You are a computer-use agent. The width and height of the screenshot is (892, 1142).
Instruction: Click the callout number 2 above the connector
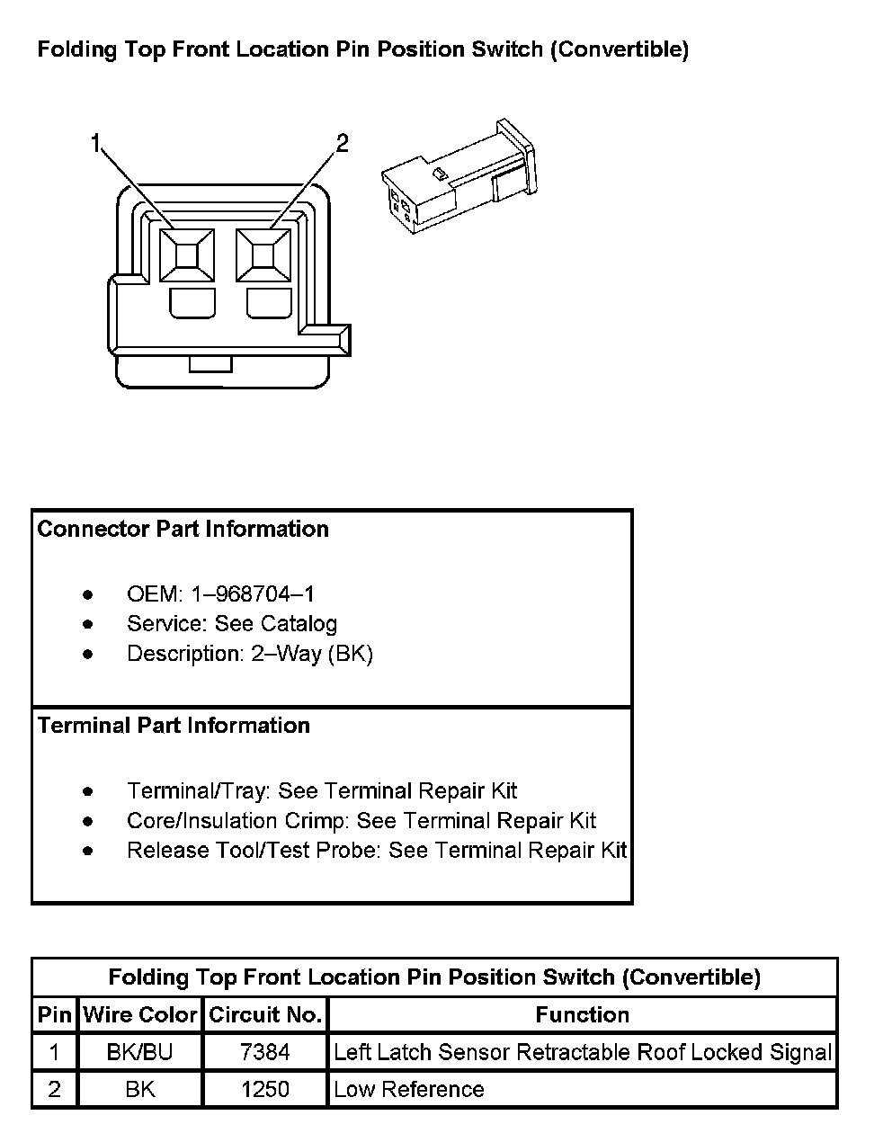pos(342,143)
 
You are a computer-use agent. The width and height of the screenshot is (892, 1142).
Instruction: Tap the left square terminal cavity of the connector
pos(186,255)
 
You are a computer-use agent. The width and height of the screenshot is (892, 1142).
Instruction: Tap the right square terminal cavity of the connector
pos(263,255)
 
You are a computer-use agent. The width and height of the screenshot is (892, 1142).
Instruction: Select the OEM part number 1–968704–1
pos(253,594)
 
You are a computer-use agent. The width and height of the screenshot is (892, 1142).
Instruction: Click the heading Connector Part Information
pos(183,529)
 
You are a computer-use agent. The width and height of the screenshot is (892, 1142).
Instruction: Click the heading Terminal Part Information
pos(174,726)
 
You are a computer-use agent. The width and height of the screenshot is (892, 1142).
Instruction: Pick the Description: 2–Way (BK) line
pos(249,654)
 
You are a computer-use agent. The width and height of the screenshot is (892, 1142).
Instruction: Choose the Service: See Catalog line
pos(231,624)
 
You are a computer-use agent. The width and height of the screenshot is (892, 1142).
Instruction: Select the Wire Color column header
pos(139,1015)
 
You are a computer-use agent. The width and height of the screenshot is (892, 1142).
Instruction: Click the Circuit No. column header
pos(265,1015)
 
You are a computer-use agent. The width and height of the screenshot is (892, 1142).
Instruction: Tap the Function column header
pos(582,1015)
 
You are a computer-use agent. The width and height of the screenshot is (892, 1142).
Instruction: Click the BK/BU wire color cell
pos(139,1052)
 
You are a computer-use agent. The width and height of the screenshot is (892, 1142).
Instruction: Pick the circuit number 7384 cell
pos(265,1052)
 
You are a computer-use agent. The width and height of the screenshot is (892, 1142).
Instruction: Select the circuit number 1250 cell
pos(265,1090)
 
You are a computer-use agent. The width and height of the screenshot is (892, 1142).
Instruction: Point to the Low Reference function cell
pos(408,1090)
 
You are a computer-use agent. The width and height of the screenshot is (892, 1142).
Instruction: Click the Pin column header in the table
pos(54,1015)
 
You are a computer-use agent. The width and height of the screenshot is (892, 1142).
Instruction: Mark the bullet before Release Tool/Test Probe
pos(87,851)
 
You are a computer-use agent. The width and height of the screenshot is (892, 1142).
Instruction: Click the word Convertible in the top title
pos(620,49)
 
